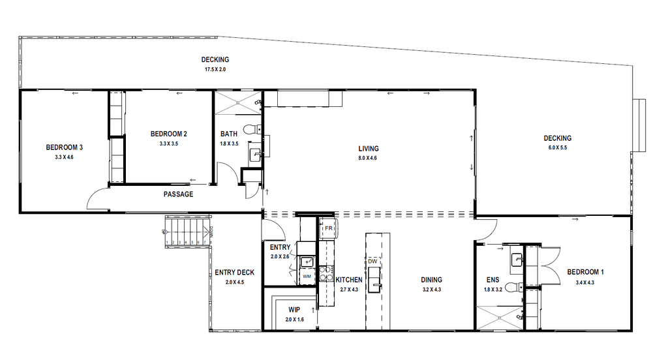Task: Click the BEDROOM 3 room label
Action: coord(64,147)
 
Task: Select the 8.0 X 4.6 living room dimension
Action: coord(368,158)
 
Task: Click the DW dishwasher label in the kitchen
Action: coord(373,262)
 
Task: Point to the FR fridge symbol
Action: coord(328,229)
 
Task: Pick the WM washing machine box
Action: coord(307,277)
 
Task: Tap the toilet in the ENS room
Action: coord(515,288)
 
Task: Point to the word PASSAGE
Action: coord(178,194)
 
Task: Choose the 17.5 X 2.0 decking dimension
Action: coord(215,69)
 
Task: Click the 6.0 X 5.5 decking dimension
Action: coord(558,147)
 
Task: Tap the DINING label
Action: coord(432,280)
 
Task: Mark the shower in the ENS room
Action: coord(500,317)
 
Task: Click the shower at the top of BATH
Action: coord(237,100)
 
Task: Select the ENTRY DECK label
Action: coord(234,273)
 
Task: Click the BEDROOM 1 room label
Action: coord(585,272)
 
